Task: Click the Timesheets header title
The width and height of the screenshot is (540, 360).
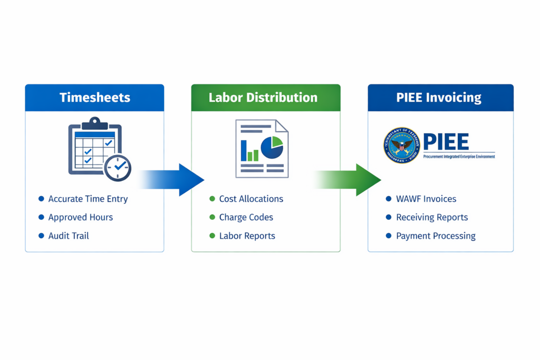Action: [94, 98]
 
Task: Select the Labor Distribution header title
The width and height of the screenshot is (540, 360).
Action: [263, 98]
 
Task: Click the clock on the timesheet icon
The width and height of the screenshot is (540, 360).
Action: [118, 168]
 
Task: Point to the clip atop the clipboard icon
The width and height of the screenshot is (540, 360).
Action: [95, 123]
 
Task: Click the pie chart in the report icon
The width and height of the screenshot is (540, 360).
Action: [272, 148]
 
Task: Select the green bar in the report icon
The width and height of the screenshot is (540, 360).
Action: [256, 155]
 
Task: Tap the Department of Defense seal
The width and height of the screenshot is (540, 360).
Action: [401, 145]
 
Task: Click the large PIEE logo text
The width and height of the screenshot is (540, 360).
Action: [446, 142]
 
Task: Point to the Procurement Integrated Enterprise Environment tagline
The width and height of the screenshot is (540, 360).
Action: [459, 157]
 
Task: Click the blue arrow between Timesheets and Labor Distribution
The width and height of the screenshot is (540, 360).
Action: [174, 179]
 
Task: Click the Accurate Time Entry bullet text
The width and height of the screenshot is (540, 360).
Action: [88, 199]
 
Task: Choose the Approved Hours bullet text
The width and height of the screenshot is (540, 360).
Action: [81, 217]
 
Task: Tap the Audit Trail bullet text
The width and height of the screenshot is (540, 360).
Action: [69, 236]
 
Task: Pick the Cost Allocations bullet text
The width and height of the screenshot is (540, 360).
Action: [251, 199]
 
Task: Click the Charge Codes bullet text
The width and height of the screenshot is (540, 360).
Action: [246, 217]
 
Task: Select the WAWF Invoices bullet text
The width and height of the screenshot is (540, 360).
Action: [426, 199]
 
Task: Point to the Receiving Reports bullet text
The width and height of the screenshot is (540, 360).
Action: [432, 217]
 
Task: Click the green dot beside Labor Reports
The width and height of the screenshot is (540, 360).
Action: [212, 236]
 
